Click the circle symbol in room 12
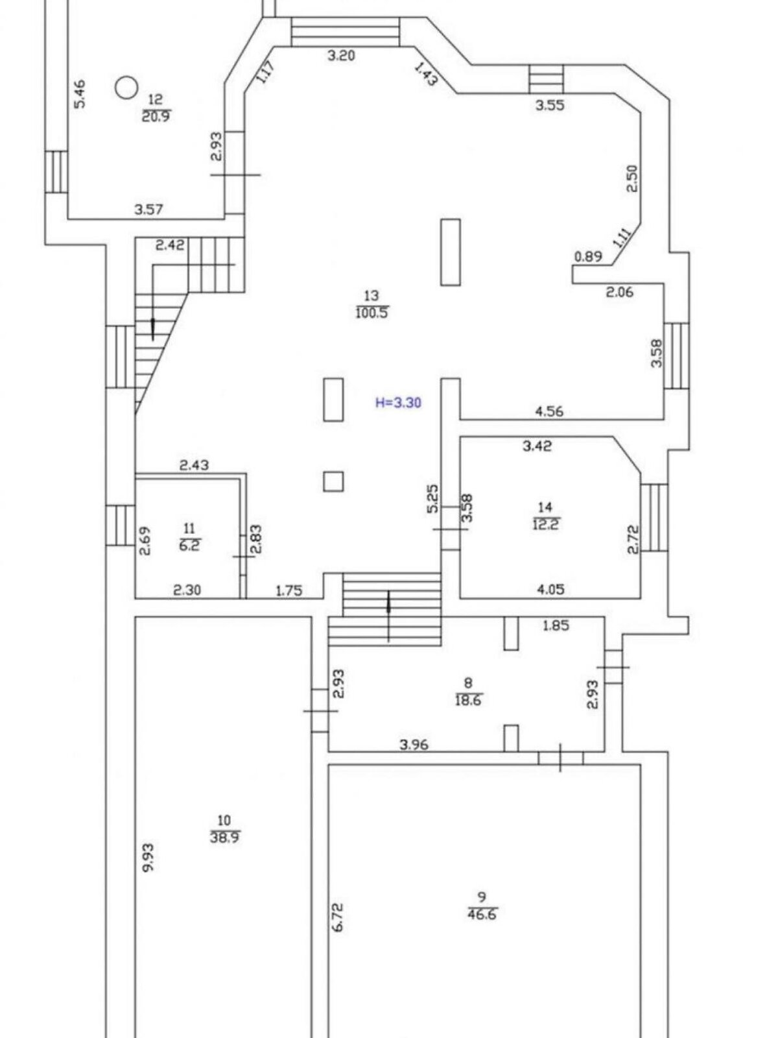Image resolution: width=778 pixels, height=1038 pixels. pos(126,87)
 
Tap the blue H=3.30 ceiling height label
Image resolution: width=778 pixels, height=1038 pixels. pos(399,403)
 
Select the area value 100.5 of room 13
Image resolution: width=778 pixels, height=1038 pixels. pos(372,314)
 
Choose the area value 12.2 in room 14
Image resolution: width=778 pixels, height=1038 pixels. pos(545,524)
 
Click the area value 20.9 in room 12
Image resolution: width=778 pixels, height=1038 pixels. pos(156,117)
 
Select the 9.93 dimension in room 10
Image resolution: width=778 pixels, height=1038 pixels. pos(148,858)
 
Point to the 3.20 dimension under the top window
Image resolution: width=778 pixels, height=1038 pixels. pos(341,56)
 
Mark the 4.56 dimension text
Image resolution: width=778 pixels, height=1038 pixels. pos(549,411)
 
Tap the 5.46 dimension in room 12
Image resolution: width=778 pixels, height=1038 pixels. pos(80,93)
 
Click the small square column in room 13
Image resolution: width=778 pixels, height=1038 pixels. pos(333,481)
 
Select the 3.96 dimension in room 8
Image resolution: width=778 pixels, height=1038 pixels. pos(414,745)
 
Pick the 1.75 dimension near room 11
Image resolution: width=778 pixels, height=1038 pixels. pos(289,591)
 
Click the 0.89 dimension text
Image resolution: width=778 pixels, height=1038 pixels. pos(588,257)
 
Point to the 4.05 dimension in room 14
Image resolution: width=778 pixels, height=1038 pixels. pos(550,590)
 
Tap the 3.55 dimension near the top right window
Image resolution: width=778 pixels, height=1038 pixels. pos(549,106)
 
